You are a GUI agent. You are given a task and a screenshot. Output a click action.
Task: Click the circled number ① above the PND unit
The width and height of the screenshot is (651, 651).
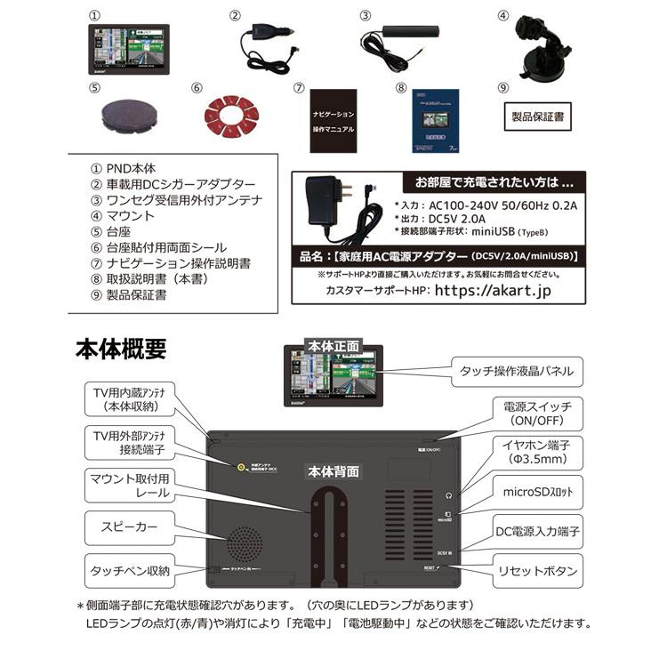[x=97, y=16]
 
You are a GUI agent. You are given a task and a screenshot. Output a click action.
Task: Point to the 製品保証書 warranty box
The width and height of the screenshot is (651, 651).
[x=537, y=117]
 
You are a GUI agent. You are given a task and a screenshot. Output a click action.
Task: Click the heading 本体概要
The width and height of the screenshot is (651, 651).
[x=120, y=350]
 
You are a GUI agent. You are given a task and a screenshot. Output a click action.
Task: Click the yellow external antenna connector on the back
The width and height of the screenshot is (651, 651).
[x=240, y=468]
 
